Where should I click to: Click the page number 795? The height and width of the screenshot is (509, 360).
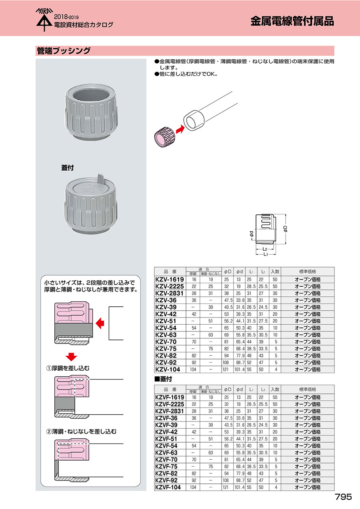click(343, 497)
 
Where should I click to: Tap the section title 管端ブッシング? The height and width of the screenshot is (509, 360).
click(63, 51)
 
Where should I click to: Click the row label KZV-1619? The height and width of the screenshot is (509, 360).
click(169, 279)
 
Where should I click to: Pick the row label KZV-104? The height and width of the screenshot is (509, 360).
click(168, 369)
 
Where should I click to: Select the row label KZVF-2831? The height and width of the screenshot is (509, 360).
click(169, 411)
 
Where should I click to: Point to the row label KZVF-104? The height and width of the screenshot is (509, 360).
click(168, 487)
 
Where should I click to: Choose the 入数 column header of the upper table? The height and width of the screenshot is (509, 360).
click(275, 271)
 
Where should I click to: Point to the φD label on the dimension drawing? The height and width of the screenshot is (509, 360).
click(285, 229)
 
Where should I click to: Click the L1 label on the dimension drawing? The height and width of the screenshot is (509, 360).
click(266, 255)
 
